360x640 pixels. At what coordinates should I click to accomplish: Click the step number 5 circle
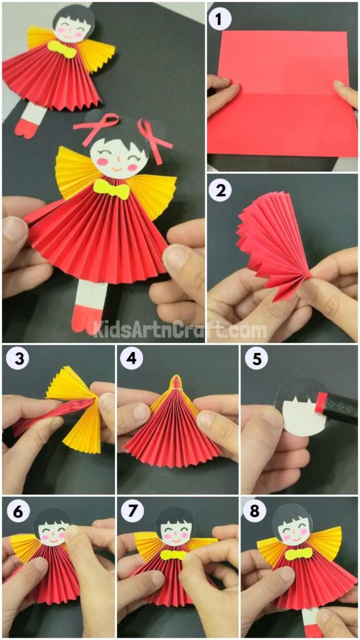coord(253,359)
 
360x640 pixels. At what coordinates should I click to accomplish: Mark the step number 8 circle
coord(253,511)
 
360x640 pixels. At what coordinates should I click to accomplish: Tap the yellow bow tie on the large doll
coord(111,188)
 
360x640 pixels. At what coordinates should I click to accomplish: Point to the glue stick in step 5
coord(334,407)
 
